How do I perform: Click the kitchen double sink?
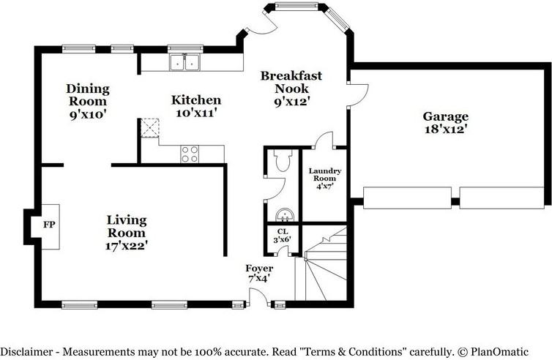184,62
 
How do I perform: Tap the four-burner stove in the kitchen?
190,154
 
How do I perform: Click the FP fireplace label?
49,225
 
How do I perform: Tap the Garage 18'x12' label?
446,122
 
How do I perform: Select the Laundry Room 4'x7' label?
325,179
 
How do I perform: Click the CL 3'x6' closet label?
283,236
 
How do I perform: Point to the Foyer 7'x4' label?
259,274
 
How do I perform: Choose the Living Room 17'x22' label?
127,233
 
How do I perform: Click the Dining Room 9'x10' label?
88,102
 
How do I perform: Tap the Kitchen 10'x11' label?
196,106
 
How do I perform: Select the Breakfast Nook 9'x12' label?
291,89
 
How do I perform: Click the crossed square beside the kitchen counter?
150,128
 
